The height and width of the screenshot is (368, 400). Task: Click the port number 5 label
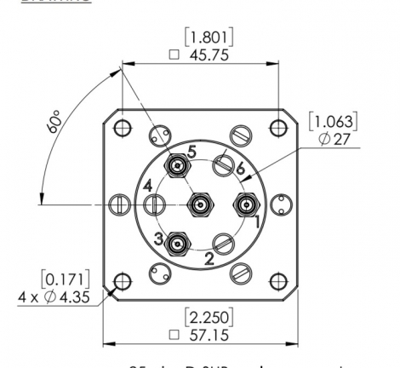[192, 151]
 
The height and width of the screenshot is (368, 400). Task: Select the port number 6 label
[241, 169]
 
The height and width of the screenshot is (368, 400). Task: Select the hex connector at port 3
[177, 245]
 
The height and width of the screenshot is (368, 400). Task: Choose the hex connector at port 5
[177, 164]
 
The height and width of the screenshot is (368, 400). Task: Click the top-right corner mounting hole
[277, 128]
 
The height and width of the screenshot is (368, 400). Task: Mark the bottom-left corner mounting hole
[122, 280]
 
